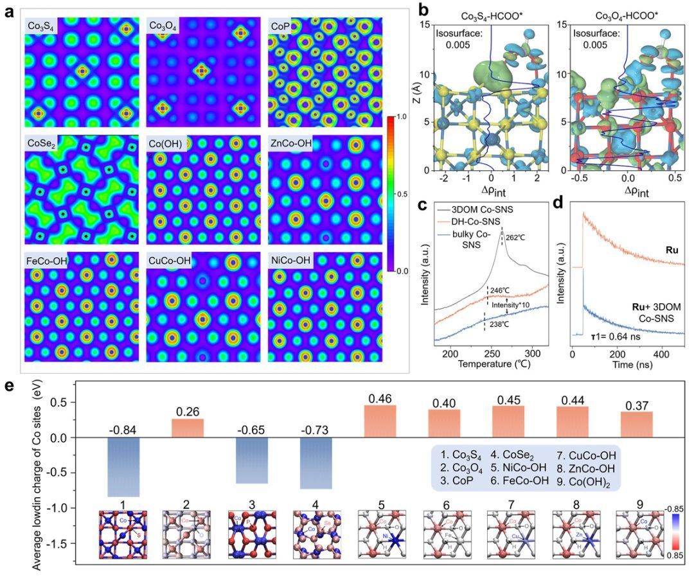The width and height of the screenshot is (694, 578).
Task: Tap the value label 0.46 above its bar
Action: pos(380,398)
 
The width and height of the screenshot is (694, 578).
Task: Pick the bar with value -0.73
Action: pos(317,463)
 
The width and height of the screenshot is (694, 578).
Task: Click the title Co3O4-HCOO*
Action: pos(623,15)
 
